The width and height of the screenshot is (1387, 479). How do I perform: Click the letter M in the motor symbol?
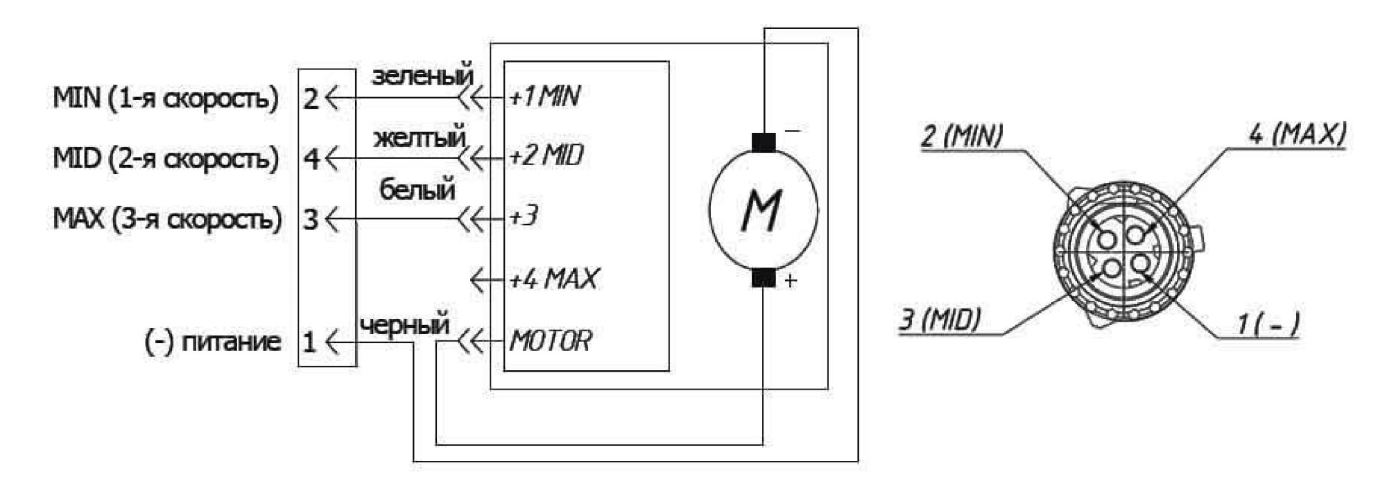click(x=761, y=210)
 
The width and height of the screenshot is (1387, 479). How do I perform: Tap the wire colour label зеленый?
click(x=422, y=76)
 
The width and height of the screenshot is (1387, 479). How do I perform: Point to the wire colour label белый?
click(x=417, y=189)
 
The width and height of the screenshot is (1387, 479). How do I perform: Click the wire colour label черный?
click(x=405, y=324)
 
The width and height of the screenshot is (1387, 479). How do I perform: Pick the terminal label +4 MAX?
click(x=553, y=279)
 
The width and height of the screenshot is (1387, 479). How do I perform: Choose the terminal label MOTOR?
click(x=551, y=340)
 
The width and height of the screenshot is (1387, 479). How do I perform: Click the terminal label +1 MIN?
click(x=544, y=96)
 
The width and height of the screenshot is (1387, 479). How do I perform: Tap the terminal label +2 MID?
click(x=546, y=155)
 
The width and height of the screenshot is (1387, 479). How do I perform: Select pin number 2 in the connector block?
click(x=311, y=99)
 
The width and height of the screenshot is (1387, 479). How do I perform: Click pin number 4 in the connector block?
click(x=311, y=159)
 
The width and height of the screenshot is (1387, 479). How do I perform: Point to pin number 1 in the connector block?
click(x=309, y=341)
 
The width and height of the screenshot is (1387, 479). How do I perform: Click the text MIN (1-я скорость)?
click(x=166, y=98)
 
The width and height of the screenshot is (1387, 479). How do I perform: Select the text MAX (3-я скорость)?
click(x=168, y=219)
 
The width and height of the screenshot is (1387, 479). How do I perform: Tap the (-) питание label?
click(x=212, y=341)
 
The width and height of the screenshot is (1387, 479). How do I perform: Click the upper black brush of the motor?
click(x=764, y=142)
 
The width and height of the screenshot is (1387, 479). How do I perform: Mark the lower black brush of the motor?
click(x=764, y=277)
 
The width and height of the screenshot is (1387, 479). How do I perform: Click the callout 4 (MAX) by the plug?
click(x=1297, y=134)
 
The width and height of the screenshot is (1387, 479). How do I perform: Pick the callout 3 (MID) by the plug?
click(x=940, y=320)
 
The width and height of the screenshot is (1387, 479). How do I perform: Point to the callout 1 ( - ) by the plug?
click(x=1268, y=324)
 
